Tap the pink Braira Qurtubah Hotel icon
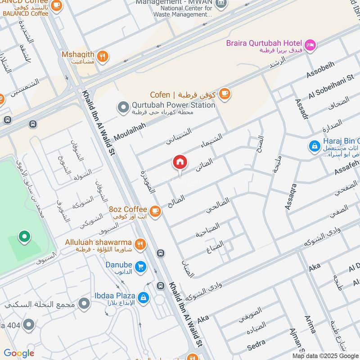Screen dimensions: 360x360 [310, 45]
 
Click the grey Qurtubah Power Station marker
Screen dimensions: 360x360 [122, 107]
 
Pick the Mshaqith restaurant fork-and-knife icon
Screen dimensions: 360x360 [103, 57]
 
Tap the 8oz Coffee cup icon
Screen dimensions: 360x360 [155, 210]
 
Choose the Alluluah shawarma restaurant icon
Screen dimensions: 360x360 [140, 244]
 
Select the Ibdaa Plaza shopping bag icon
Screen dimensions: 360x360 [144, 297]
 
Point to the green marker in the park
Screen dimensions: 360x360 [24, 236]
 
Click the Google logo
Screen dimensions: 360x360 [19, 353]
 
